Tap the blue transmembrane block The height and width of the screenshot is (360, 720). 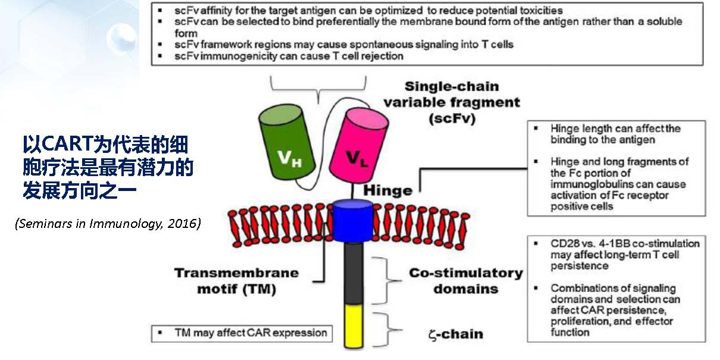click(x=352, y=220)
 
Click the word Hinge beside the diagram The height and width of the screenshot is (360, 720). click(x=388, y=191)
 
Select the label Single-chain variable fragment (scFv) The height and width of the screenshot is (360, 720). click(x=451, y=102)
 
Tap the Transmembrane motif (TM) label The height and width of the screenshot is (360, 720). click(x=236, y=280)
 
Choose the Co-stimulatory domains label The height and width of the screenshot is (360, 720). click(x=466, y=280)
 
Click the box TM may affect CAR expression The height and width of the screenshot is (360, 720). click(x=240, y=333)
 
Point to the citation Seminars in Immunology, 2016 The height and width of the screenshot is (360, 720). click(x=108, y=224)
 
